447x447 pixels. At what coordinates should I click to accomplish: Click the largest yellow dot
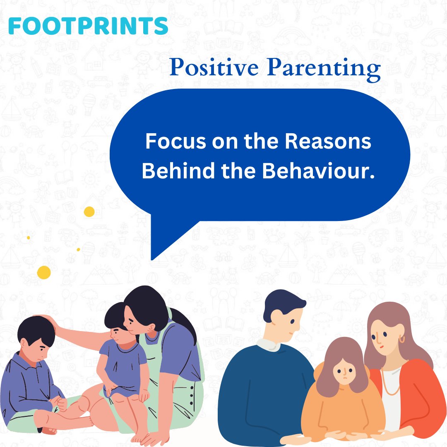coord(44,272)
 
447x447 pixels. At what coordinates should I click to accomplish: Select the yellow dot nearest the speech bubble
coord(89,212)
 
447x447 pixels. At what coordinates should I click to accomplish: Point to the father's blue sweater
coord(257,389)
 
